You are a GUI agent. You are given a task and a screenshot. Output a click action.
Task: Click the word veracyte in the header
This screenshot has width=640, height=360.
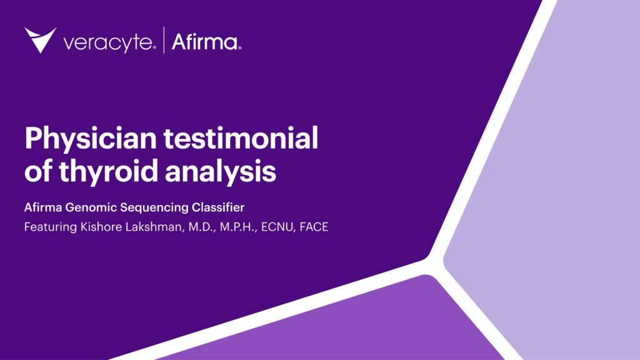(x=107, y=42)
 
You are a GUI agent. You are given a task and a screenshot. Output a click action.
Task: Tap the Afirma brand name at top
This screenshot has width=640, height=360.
(x=204, y=42)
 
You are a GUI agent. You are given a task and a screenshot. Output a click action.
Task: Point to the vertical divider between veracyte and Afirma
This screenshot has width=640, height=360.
(x=164, y=41)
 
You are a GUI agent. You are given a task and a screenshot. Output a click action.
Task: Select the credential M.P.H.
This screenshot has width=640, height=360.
(x=229, y=227)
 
